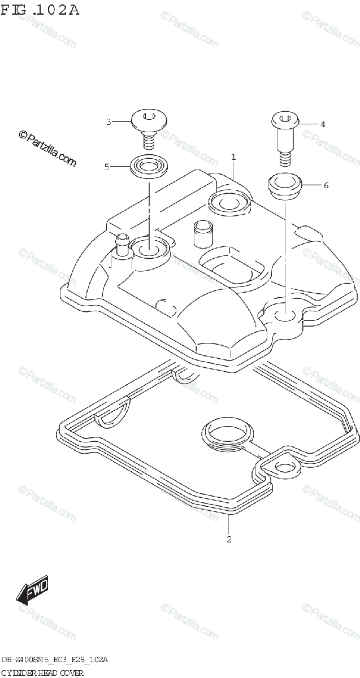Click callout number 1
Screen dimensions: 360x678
[233, 157]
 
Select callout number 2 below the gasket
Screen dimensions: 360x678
[228, 539]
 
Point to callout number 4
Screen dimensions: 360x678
[323, 124]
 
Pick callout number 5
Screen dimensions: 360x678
[106, 167]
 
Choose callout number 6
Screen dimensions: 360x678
[326, 185]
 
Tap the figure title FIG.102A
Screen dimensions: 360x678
[40, 10]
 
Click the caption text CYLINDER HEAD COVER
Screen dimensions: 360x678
[42, 672]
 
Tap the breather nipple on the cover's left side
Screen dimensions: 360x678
[122, 246]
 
